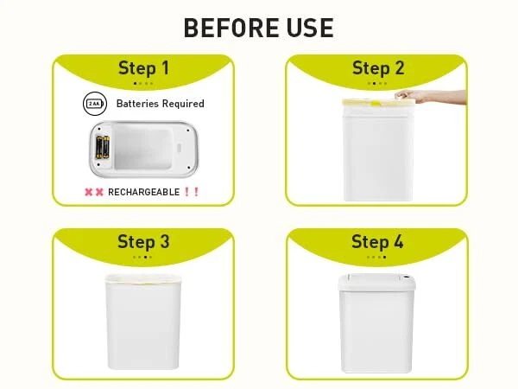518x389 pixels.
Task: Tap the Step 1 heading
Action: tap(143, 68)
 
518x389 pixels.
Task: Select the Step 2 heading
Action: tap(378, 68)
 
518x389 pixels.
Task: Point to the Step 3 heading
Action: tap(143, 241)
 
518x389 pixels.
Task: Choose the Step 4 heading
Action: tap(377, 241)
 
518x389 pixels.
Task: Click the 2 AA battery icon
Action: tap(95, 104)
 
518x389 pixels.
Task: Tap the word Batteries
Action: tap(137, 104)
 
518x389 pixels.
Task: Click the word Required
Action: tap(183, 104)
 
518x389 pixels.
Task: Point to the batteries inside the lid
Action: tap(103, 147)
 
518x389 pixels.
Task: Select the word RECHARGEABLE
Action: tap(143, 192)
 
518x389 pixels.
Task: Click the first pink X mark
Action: tap(89, 192)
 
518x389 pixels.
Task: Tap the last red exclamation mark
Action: tap(197, 192)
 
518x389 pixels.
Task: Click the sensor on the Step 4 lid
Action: tap(406, 277)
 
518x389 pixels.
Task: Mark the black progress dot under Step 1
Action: tap(135, 83)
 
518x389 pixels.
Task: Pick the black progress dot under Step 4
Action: tap(384, 257)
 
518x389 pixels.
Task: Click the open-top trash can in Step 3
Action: tap(143, 322)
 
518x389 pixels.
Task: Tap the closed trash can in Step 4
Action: tap(376, 323)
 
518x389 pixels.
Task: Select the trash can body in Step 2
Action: tap(378, 154)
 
